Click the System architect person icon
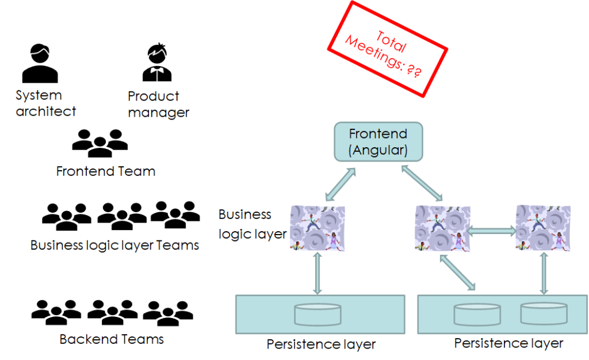(x=40, y=65)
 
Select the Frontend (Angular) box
(x=378, y=141)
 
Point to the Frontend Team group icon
(x=100, y=143)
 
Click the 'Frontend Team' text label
(x=106, y=171)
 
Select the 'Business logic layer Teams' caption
(x=114, y=246)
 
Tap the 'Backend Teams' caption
(x=112, y=339)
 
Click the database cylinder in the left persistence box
(x=318, y=314)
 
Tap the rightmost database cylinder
(x=544, y=313)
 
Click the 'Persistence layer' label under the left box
(x=321, y=344)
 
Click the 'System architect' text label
(x=45, y=104)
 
